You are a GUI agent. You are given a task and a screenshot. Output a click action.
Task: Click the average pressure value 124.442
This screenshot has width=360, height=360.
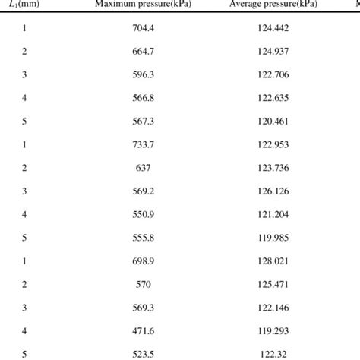270,29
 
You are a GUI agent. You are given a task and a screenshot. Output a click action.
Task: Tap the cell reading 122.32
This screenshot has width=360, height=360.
270,354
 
